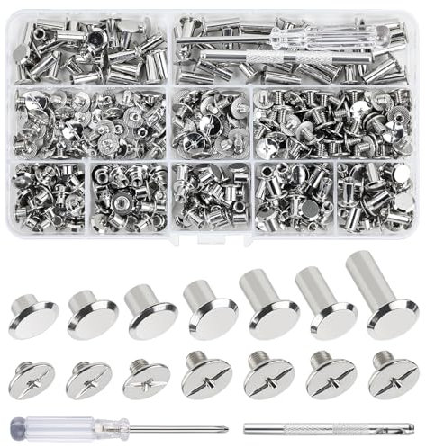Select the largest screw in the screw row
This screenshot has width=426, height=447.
pos(392,375)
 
